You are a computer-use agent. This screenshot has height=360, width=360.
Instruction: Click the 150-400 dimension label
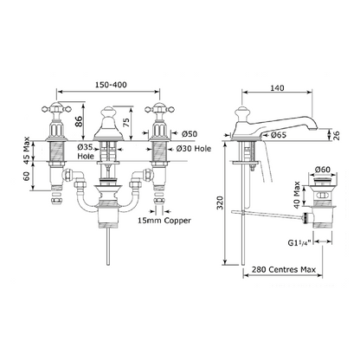pyautogui.click(x=111, y=85)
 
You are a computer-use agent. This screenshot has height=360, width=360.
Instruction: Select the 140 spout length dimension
pyautogui.click(x=277, y=87)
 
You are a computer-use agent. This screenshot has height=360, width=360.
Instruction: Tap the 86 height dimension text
pyautogui.click(x=79, y=121)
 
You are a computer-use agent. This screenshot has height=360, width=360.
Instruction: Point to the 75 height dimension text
pyautogui.click(x=126, y=122)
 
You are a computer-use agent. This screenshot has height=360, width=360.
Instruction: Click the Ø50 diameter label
pyautogui.click(x=190, y=134)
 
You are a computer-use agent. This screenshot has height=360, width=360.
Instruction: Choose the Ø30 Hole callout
pyautogui.click(x=194, y=149)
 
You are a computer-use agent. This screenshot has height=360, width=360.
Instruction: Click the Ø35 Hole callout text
pyautogui.click(x=86, y=151)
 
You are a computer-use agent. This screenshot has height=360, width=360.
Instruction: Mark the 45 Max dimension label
pyautogui.click(x=27, y=150)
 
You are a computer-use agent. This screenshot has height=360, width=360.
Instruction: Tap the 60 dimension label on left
pyautogui.click(x=27, y=176)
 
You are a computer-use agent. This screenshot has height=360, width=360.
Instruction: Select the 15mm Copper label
pyautogui.click(x=164, y=221)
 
